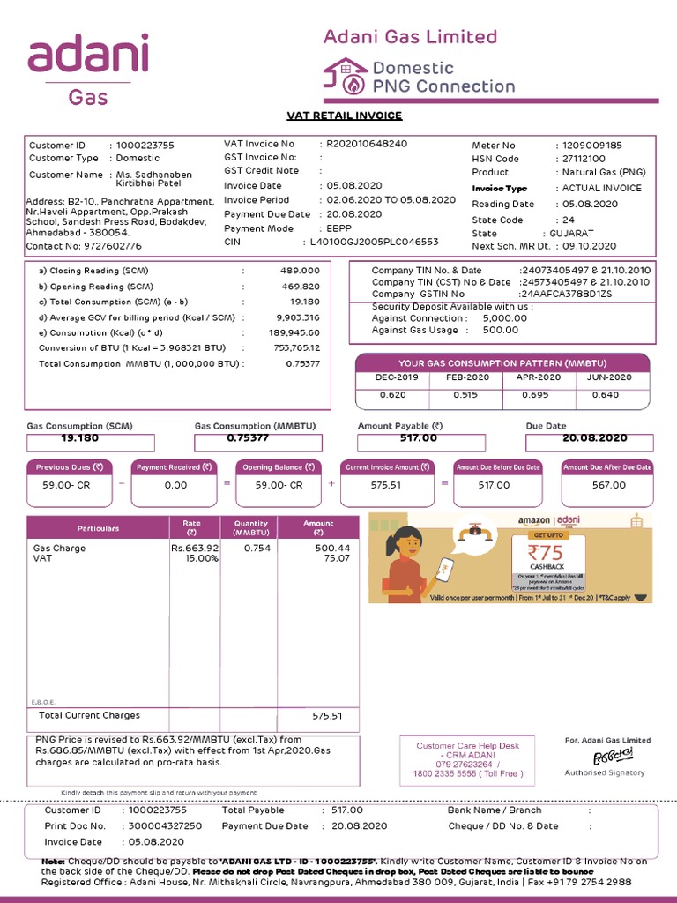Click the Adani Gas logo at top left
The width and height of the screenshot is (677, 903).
click(x=88, y=71)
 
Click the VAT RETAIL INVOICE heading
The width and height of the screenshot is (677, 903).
click(x=345, y=116)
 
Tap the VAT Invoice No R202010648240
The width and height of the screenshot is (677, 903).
click(x=367, y=143)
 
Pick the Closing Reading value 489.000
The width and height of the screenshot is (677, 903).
click(x=300, y=271)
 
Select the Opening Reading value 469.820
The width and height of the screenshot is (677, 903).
click(x=300, y=287)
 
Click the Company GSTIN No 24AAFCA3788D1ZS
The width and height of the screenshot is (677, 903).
click(x=565, y=294)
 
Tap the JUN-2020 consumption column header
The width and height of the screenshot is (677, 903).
click(x=610, y=377)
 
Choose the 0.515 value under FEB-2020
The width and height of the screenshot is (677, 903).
click(x=465, y=395)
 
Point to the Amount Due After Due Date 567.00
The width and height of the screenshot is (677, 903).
click(x=607, y=485)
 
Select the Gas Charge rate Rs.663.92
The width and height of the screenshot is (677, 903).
click(x=195, y=548)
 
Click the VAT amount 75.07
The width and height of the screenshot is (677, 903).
click(x=336, y=558)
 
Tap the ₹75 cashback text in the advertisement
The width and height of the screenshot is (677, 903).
click(x=547, y=553)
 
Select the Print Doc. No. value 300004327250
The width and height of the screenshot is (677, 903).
click(x=165, y=826)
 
